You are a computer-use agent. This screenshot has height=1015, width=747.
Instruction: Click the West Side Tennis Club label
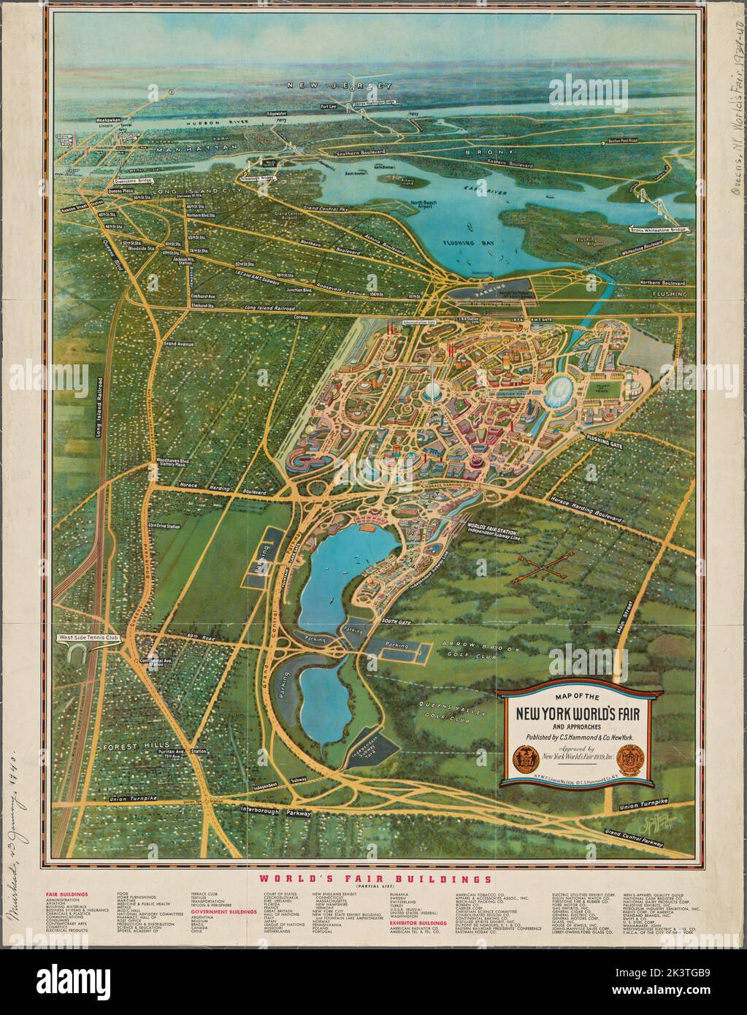tap(85, 639)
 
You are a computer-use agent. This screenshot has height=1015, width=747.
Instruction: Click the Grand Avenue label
tap(179, 342)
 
